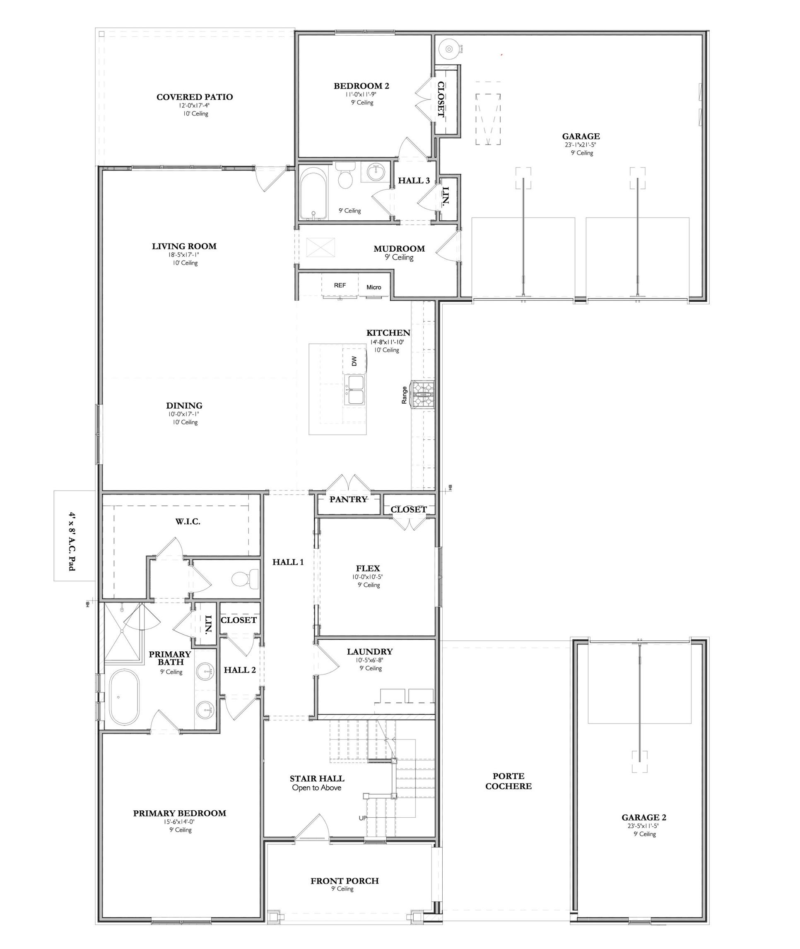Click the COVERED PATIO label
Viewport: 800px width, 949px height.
pos(195,97)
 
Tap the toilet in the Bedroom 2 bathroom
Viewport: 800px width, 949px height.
pos(346,175)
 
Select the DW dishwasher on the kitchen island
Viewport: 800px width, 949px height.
pos(354,361)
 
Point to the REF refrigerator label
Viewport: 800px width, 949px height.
pos(340,285)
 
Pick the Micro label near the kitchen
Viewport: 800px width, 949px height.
pos(373,287)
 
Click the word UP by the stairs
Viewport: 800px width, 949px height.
pos(363,818)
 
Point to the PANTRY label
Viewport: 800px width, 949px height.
pos(348,499)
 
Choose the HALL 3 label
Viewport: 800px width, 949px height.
pos(414,181)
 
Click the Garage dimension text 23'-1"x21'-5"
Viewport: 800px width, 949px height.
pos(581,145)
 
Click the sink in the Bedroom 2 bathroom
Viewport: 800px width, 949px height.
pos(375,172)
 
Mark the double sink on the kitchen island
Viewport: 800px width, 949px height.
pos(354,390)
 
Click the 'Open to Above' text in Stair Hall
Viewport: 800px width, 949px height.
pos(316,788)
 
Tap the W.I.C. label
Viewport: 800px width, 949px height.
pos(188,521)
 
